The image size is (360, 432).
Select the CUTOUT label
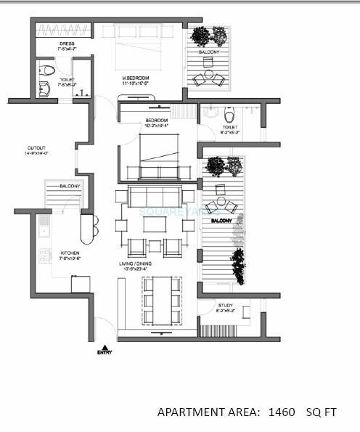[x=36, y=150]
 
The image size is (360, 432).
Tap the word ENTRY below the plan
[x=105, y=353]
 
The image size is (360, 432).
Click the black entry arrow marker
[x=105, y=346]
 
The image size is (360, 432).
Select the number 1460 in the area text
[x=281, y=412]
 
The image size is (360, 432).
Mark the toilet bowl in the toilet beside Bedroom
[x=229, y=114]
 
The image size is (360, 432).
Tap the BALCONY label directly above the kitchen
[x=70, y=187]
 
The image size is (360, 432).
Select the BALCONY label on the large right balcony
[x=221, y=219]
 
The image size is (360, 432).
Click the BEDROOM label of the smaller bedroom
[x=156, y=121]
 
